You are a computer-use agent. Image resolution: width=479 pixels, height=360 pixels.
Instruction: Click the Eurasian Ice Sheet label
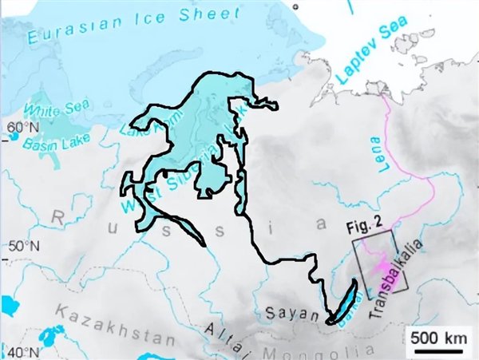[133, 26]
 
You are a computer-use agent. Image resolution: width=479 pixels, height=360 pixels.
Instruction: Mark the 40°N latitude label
[20, 352]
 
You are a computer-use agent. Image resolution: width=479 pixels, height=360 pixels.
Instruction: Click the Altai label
[223, 338]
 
